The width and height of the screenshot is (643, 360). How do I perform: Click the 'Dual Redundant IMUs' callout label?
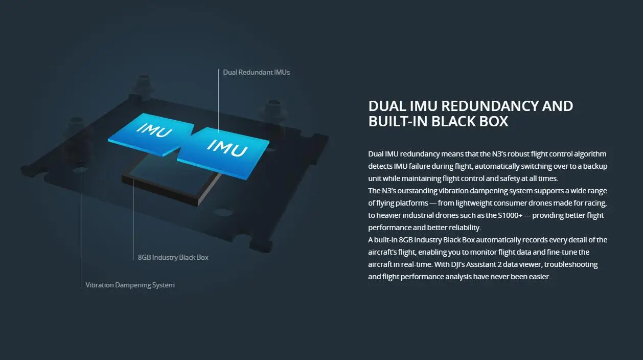[256, 73]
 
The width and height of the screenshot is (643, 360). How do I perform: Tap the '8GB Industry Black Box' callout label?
[173, 257]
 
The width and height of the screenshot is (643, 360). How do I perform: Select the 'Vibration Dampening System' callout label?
[130, 285]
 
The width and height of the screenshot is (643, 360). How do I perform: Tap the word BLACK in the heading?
[455, 121]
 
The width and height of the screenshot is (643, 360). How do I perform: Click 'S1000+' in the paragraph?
[509, 215]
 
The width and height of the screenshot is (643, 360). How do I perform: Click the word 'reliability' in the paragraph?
[463, 228]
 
